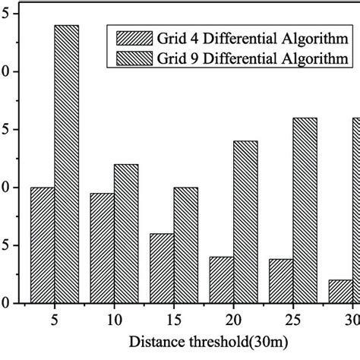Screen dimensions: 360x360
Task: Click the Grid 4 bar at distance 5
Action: point(43,245)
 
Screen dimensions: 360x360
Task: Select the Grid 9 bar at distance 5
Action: point(67,164)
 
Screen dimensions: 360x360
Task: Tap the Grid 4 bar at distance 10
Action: point(103,248)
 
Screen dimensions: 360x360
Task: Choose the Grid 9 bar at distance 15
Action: point(186,245)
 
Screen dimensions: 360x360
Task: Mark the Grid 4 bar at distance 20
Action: point(222,280)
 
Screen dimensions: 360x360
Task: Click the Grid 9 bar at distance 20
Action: point(245,222)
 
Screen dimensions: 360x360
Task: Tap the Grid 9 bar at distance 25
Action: point(305,210)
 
